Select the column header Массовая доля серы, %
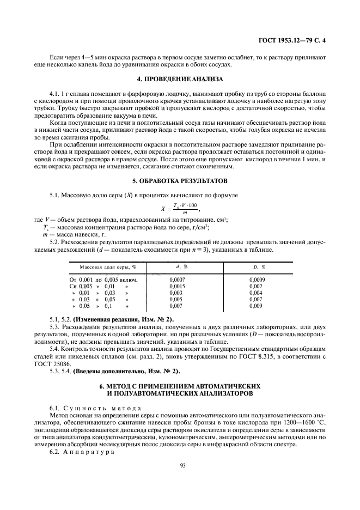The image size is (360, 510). (x=108, y=267)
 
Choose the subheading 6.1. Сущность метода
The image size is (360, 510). (x=96, y=408)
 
